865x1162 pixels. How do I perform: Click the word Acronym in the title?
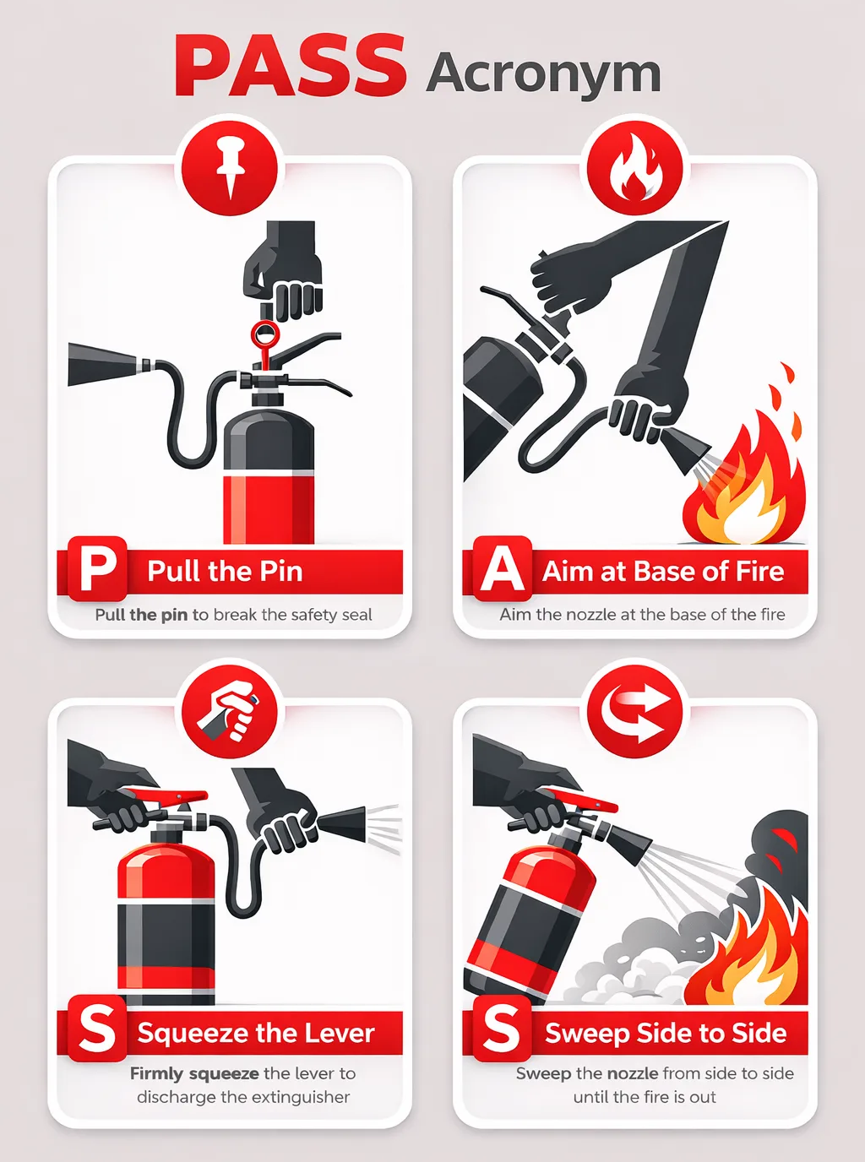(543, 74)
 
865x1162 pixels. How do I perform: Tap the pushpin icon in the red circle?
(230, 167)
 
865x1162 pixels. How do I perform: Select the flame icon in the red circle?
(635, 167)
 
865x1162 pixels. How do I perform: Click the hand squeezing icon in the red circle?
(230, 710)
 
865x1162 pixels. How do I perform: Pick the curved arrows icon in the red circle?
(635, 710)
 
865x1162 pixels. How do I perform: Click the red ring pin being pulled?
(265, 335)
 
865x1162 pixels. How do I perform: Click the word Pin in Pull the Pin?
(280, 572)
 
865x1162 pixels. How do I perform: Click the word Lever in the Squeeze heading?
(339, 1033)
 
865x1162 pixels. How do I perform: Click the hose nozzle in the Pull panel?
(105, 365)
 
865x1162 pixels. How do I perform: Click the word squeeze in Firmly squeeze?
(224, 1074)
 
